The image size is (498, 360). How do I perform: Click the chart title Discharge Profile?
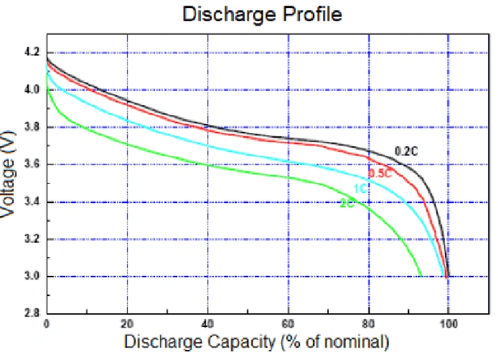(x=262, y=14)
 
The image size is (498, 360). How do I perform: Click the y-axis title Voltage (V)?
(x=9, y=176)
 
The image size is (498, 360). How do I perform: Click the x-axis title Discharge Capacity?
(x=256, y=342)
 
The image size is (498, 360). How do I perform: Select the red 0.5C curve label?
(x=380, y=173)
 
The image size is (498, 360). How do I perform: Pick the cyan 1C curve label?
(x=360, y=189)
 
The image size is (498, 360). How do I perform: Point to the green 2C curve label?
(x=347, y=204)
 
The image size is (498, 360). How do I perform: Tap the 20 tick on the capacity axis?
(x=128, y=324)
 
